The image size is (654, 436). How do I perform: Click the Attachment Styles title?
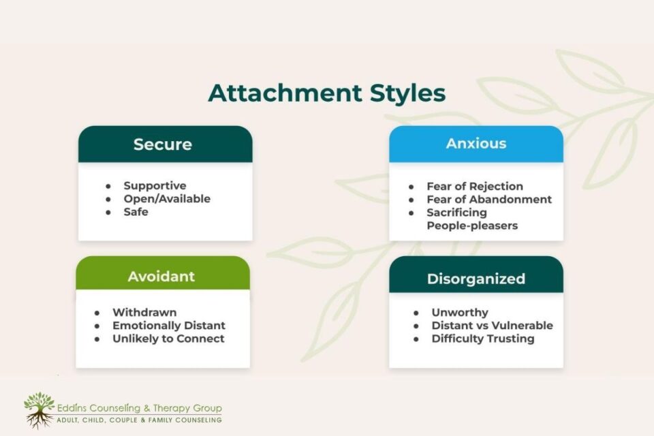[x=327, y=93]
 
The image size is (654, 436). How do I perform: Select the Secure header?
[x=163, y=144]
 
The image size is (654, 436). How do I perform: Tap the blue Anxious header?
[x=476, y=144]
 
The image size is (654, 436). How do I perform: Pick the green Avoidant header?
[x=161, y=276]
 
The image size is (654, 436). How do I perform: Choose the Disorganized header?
[x=476, y=279]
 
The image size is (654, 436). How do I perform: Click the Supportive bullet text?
[x=155, y=186]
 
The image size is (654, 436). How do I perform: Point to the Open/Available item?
[x=167, y=199]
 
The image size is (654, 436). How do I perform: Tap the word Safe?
[x=136, y=212]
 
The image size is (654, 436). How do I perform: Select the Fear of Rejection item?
[x=475, y=186]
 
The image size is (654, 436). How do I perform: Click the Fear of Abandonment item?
[x=489, y=200]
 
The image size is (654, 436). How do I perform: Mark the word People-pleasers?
[x=472, y=225]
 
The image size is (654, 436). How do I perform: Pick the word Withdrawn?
[x=144, y=313]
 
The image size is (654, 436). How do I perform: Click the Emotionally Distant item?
[x=169, y=326]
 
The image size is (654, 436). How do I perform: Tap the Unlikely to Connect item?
[x=168, y=339]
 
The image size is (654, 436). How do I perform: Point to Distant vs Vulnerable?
[x=492, y=326]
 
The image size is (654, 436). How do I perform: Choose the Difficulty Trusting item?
[x=483, y=339]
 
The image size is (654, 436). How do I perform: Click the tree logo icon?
[x=39, y=411]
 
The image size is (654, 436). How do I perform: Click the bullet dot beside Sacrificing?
[x=411, y=213]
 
